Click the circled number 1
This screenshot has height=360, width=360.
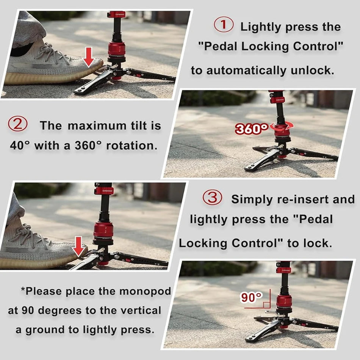(224, 25)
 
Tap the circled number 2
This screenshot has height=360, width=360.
(17, 125)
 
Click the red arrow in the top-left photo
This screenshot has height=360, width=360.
(89, 57)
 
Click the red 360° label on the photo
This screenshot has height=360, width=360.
(252, 129)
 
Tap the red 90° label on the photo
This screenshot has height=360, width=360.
(251, 297)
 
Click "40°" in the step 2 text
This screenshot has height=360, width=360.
(20, 146)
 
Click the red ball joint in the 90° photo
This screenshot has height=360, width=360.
(284, 301)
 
